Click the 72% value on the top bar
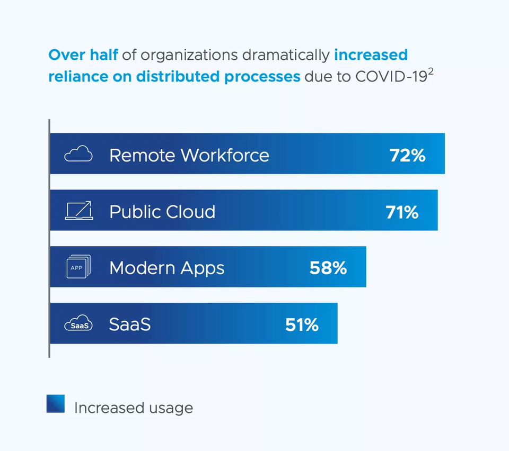coord(407,156)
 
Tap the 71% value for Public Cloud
coord(401,212)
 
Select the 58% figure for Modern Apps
coord(328,268)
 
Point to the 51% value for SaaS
coord(302,324)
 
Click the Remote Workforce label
coord(189,156)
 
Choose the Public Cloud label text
coord(162,212)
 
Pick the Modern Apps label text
coord(166,268)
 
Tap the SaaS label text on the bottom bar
coord(130,324)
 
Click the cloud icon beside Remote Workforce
coord(78,155)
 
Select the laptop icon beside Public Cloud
coord(78,211)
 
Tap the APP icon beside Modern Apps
coord(78,267)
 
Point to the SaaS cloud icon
coord(78,324)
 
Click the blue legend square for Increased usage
coord(55,403)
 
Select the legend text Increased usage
coord(133,408)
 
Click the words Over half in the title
coord(82,55)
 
